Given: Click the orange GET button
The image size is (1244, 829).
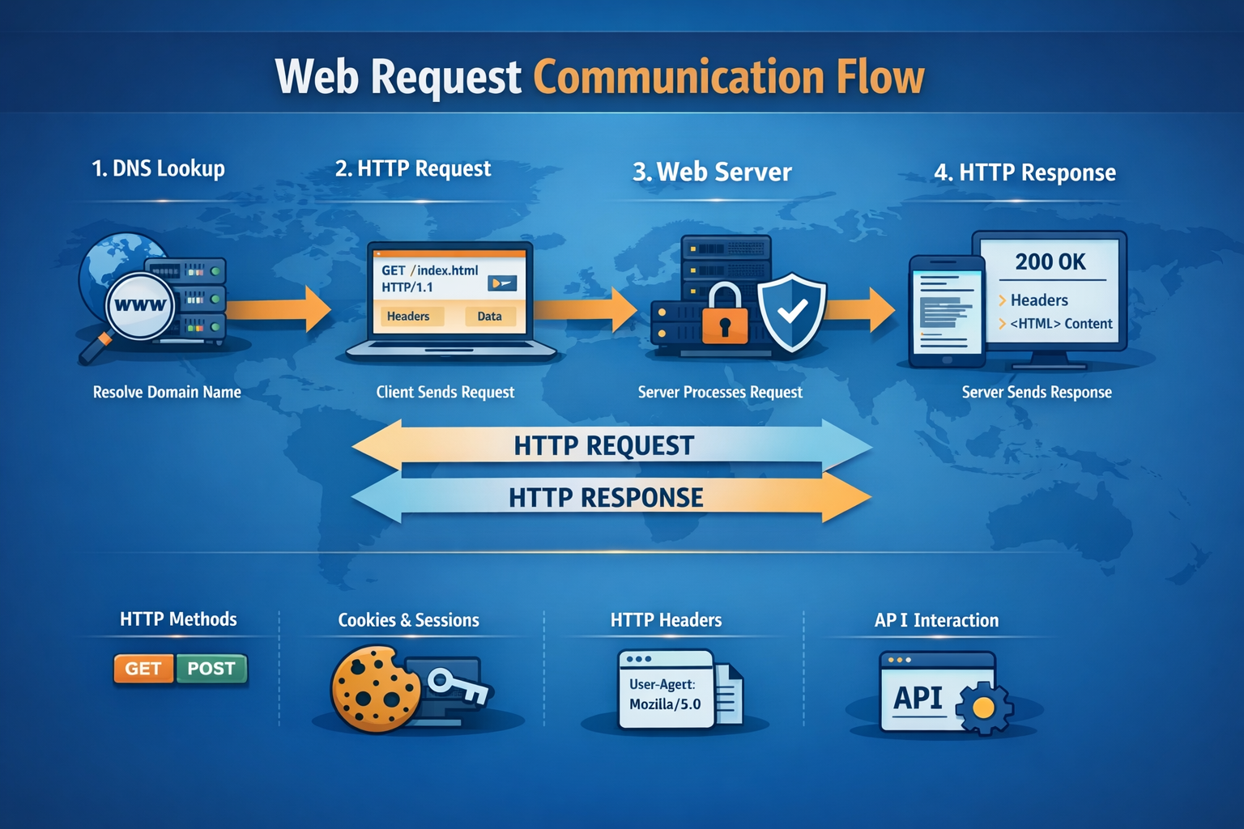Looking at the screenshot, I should pyautogui.click(x=143, y=669).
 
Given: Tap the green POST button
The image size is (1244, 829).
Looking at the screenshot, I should pyautogui.click(x=211, y=669).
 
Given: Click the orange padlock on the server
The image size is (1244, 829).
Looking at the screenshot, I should pyautogui.click(x=725, y=316).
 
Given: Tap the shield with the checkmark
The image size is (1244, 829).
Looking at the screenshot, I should pyautogui.click(x=791, y=312).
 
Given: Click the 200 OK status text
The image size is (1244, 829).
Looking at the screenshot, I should pyautogui.click(x=1050, y=261).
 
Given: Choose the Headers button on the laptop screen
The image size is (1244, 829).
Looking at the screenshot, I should pyautogui.click(x=408, y=317).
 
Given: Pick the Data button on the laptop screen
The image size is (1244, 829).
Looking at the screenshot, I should pyautogui.click(x=489, y=317).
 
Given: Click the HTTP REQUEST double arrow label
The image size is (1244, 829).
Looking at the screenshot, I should pyautogui.click(x=604, y=445).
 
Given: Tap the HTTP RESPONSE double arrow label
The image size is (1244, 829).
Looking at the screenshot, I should pyautogui.click(x=606, y=497).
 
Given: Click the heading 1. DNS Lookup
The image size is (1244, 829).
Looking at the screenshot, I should pyautogui.click(x=158, y=168).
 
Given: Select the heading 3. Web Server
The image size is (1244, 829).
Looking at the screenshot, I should pyautogui.click(x=712, y=172).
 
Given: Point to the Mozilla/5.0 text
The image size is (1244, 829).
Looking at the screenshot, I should pyautogui.click(x=665, y=704).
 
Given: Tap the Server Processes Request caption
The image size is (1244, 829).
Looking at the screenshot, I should pyautogui.click(x=720, y=392).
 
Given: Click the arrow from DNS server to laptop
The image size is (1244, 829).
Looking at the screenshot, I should pyautogui.click(x=279, y=308).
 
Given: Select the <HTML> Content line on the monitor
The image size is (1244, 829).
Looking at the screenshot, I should pyautogui.click(x=1060, y=324).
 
